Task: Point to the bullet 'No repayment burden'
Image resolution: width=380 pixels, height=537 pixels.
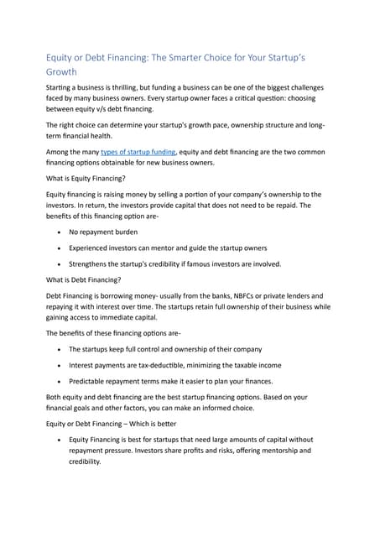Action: click(103, 231)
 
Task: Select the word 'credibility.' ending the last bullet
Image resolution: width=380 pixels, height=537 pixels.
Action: click(85, 461)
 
